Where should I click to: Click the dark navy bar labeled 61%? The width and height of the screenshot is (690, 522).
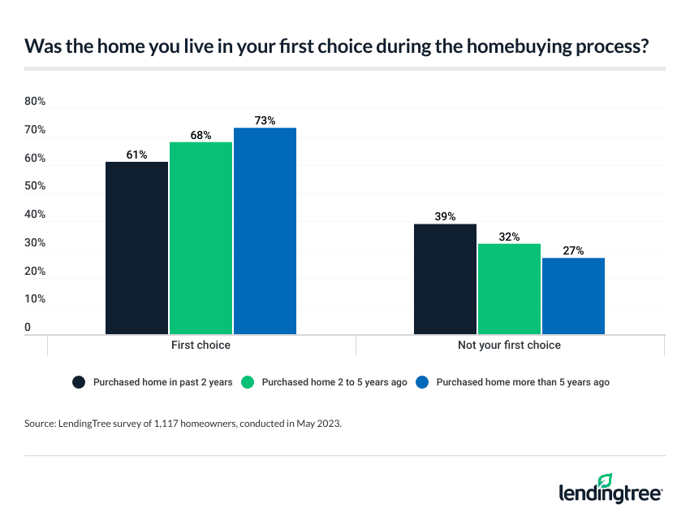pos(136,248)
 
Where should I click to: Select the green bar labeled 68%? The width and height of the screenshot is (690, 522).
pos(201,238)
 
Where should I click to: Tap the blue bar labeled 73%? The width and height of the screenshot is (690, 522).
pos(265,231)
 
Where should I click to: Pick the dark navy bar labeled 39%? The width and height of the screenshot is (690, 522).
pos(445,279)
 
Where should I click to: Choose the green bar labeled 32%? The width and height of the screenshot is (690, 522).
pos(509,289)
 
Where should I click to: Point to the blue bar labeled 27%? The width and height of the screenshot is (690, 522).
pos(573,296)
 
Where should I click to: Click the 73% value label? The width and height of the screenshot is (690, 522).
pos(265,120)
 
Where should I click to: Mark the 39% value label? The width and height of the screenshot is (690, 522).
pos(445,216)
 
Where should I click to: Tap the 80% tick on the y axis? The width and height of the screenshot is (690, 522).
pos(35,102)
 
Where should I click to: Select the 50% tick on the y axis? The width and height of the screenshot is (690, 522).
pos(35,186)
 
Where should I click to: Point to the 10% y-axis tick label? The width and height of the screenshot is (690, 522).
pos(35,299)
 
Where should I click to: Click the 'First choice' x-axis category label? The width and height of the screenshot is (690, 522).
pos(201,345)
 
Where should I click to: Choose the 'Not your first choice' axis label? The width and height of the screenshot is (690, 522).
pos(510,345)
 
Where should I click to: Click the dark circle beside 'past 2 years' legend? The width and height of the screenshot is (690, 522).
pos(80,382)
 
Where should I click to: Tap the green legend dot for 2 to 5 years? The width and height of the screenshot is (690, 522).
pos(249,382)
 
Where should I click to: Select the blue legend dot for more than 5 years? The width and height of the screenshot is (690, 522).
pos(422,382)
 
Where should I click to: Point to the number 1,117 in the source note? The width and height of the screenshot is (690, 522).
pos(179,424)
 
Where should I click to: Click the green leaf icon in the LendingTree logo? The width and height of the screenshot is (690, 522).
pos(604,481)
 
